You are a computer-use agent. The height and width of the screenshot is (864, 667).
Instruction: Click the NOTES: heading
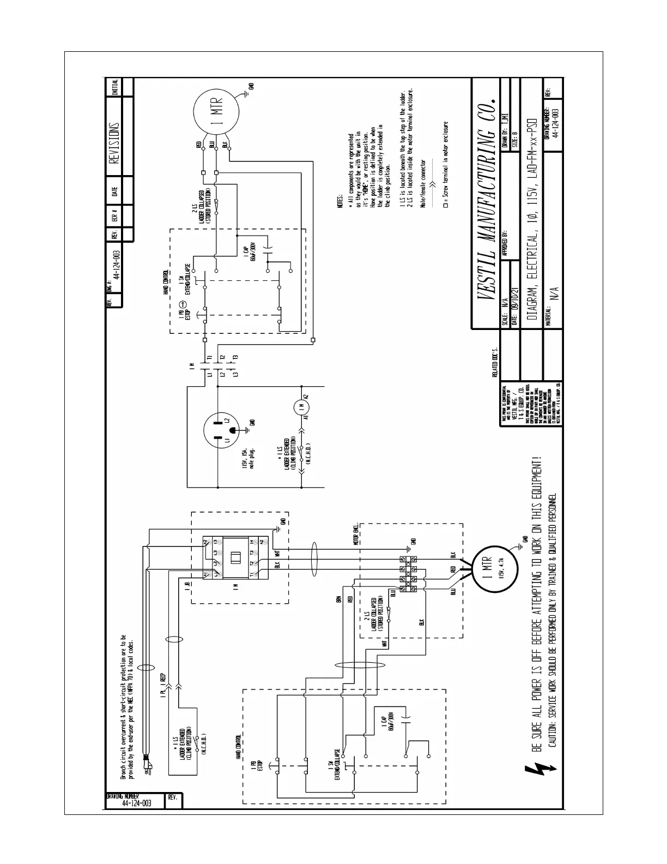click(x=340, y=203)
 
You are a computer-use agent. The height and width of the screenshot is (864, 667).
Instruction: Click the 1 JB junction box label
click(x=187, y=587)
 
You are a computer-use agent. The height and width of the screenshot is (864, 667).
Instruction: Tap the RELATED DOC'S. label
click(x=495, y=360)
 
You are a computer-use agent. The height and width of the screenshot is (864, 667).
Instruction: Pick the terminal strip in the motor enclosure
click(x=407, y=574)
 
